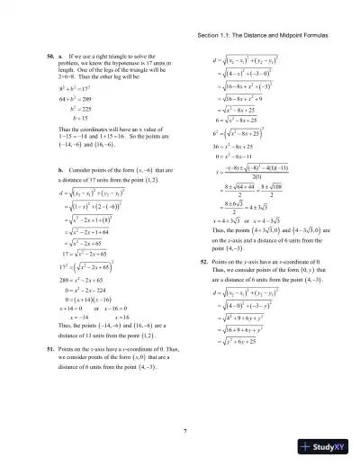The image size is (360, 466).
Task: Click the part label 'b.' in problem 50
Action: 60,168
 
